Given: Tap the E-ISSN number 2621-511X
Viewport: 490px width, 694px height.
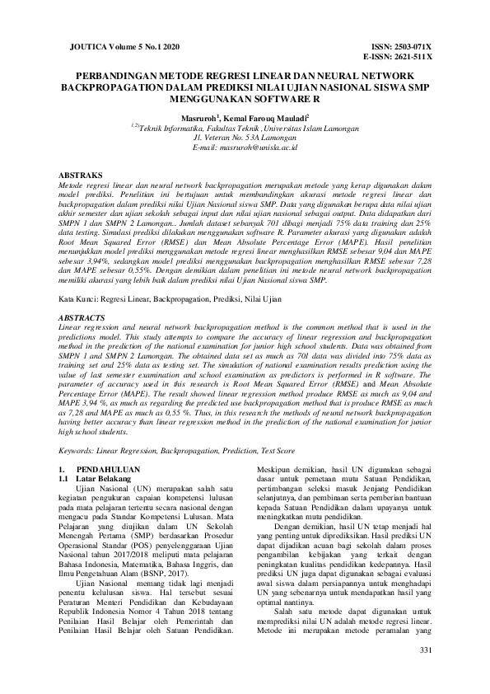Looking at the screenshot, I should click(x=413, y=59).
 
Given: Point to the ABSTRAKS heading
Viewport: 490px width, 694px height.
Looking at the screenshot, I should click(x=81, y=176).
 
